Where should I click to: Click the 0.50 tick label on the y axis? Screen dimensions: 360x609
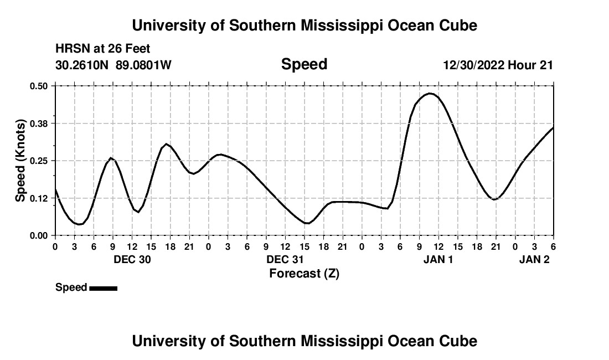click(x=39, y=86)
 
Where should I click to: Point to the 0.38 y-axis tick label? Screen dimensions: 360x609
click(x=39, y=123)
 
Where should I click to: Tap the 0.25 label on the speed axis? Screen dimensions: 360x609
click(x=39, y=161)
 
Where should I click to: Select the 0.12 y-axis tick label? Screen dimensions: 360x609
click(x=39, y=198)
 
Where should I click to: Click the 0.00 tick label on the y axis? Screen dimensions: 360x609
click(x=39, y=235)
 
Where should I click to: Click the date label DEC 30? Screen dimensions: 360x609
click(x=132, y=259)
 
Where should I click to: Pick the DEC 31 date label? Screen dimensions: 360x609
click(x=285, y=259)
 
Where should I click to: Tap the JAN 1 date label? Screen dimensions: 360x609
click(x=438, y=259)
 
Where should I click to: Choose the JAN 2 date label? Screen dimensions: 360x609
click(x=534, y=259)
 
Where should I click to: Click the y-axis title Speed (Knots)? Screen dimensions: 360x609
click(x=20, y=161)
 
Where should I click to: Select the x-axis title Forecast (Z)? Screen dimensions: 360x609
click(x=304, y=273)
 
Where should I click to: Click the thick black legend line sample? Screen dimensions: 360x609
click(x=103, y=288)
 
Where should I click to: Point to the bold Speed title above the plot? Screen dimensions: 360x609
click(x=304, y=64)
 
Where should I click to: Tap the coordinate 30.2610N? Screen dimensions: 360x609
click(x=82, y=65)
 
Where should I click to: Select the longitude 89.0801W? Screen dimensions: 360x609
click(x=144, y=65)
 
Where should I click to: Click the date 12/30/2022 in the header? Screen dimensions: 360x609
click(x=474, y=65)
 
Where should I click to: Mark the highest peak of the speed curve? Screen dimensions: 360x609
click(x=430, y=94)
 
